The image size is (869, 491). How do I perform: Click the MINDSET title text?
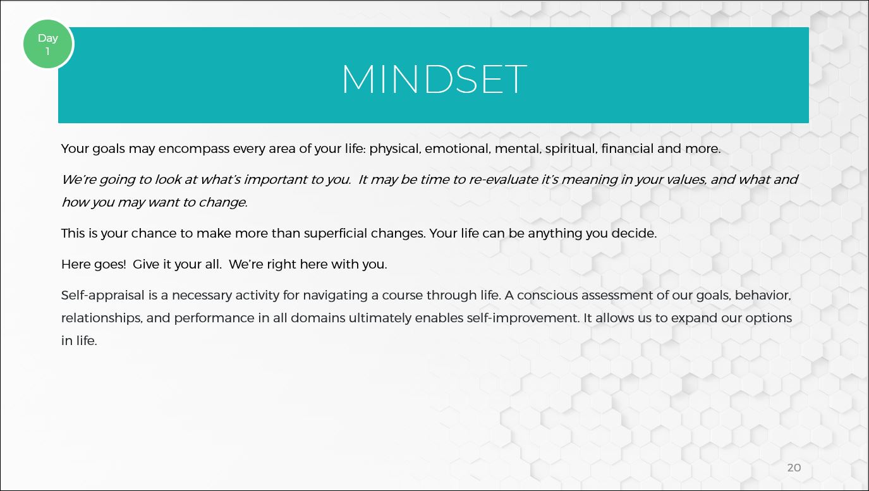[x=434, y=79]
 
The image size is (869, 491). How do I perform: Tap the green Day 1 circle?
[x=48, y=44]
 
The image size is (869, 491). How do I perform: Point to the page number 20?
[x=794, y=468]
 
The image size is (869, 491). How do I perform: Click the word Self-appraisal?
[x=103, y=296]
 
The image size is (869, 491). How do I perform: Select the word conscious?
[x=547, y=295]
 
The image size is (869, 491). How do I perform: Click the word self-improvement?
[x=523, y=318]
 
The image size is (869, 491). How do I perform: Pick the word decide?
[x=634, y=233]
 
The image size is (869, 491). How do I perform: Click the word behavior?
[x=763, y=295]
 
